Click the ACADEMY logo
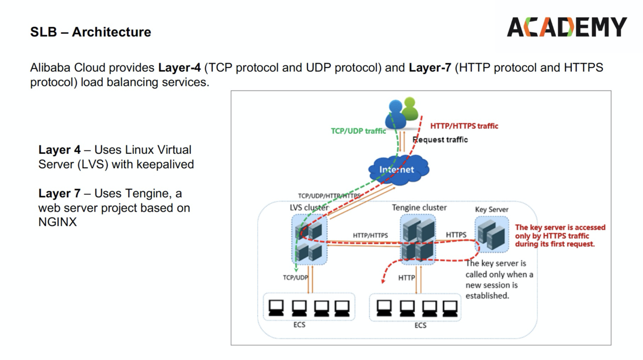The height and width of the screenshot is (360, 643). point(566,26)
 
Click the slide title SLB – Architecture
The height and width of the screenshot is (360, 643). point(91,32)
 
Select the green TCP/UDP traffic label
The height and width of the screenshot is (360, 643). point(358,131)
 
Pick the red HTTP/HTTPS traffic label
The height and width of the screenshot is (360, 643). point(464,126)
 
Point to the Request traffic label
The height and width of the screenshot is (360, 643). point(440,140)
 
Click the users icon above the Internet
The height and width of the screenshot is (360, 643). point(403,112)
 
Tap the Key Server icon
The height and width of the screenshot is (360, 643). point(491,234)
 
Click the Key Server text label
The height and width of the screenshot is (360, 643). point(491,209)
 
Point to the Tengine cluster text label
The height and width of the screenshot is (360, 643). point(419,207)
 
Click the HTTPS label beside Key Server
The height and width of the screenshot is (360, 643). point(456,235)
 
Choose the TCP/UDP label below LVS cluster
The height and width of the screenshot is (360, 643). point(295,277)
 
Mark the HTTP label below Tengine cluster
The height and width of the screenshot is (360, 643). point(406,277)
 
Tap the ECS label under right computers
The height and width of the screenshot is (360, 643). point(421,325)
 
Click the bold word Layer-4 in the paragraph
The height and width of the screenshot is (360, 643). point(179,68)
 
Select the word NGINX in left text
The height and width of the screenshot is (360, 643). point(57,222)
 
